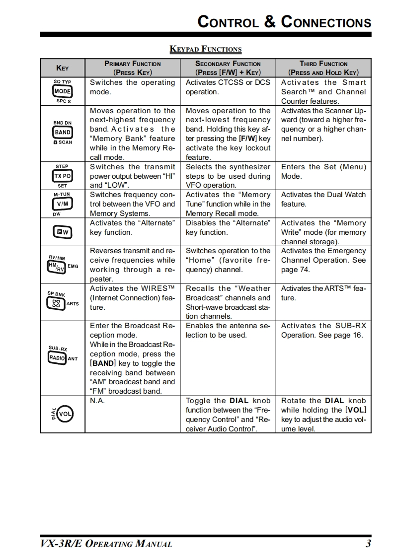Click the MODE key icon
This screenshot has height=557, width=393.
click(x=63, y=91)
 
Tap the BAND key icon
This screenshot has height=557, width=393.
click(x=63, y=132)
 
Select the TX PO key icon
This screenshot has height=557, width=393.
click(x=63, y=176)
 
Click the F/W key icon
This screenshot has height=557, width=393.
click(x=63, y=232)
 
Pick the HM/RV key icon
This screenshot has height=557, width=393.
click(x=57, y=267)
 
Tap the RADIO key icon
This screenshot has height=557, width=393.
click(x=58, y=358)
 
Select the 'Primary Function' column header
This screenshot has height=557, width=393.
click(x=133, y=68)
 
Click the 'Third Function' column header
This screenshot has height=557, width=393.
click(x=323, y=68)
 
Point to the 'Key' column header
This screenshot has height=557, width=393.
click(x=63, y=68)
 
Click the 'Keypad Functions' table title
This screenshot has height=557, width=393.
click(x=206, y=49)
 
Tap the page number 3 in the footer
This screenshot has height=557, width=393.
click(x=368, y=544)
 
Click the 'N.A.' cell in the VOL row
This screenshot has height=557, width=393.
click(x=97, y=401)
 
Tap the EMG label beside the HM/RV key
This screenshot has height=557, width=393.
click(x=73, y=267)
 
